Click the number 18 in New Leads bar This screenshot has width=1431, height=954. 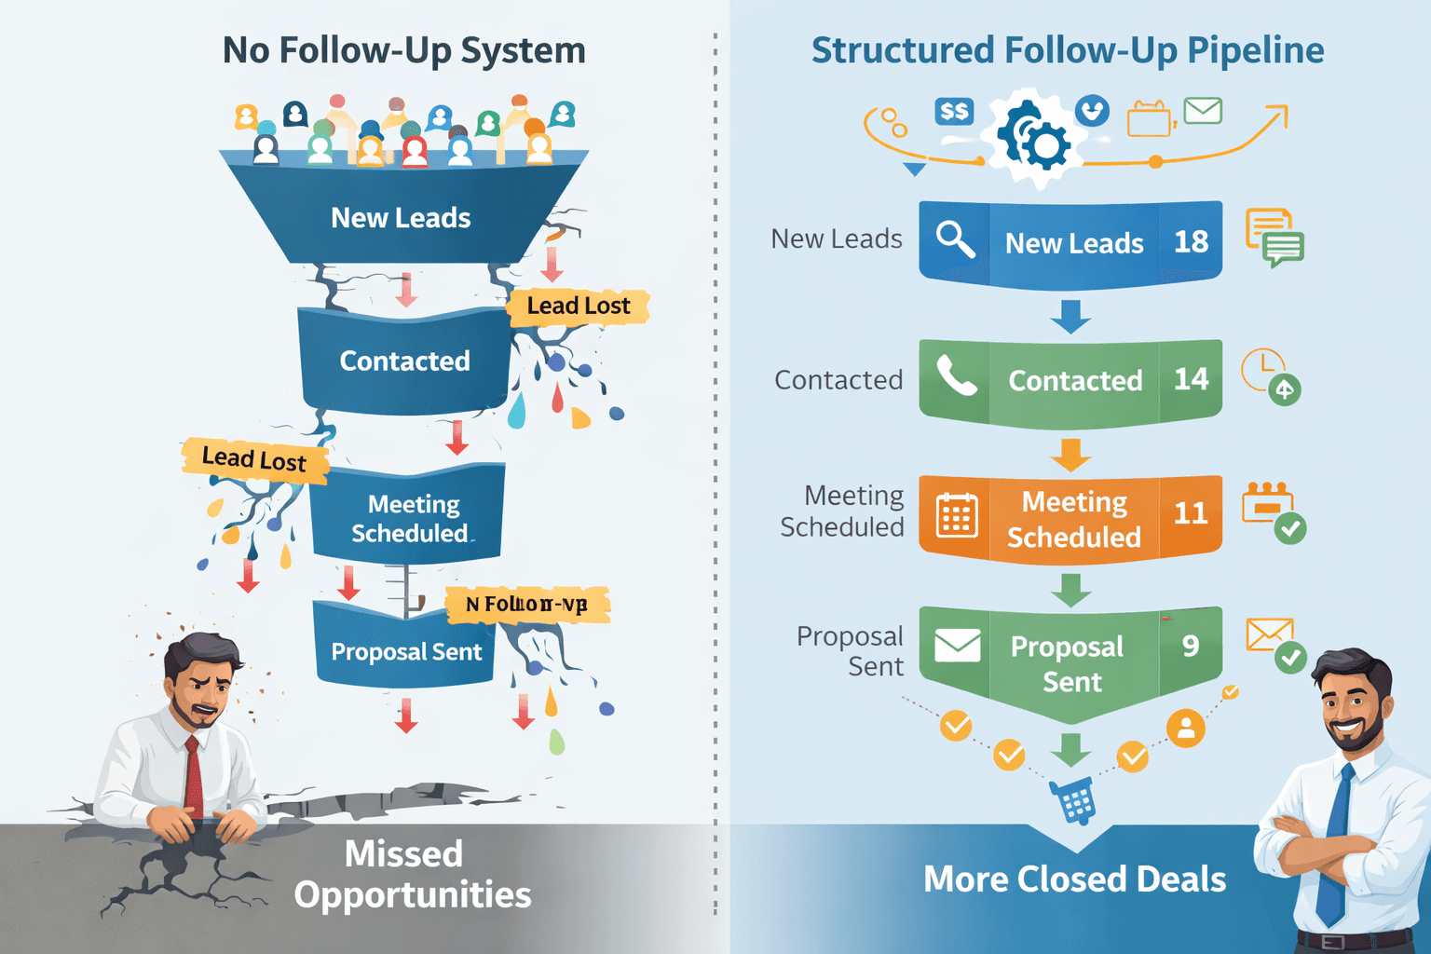tap(1191, 241)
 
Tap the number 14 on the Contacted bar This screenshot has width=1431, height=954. tap(1191, 379)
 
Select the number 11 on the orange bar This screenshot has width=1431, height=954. tap(1191, 513)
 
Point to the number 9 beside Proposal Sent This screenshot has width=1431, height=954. tap(1191, 646)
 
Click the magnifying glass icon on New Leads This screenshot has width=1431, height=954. tap(955, 239)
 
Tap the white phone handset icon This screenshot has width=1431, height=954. tap(956, 376)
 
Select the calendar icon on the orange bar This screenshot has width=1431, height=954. tap(957, 515)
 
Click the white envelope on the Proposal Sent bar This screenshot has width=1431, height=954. tap(958, 645)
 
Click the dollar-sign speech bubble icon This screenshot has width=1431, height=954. tap(954, 113)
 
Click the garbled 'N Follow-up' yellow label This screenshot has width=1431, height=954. tap(526, 605)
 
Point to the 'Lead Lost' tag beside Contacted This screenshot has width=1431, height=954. tap(578, 306)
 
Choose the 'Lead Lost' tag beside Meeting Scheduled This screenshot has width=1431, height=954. tap(254, 459)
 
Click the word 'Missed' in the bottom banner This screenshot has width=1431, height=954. tap(403, 853)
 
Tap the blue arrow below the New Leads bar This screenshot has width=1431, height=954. tap(1070, 316)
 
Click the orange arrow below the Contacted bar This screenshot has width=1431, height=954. tap(1070, 455)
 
